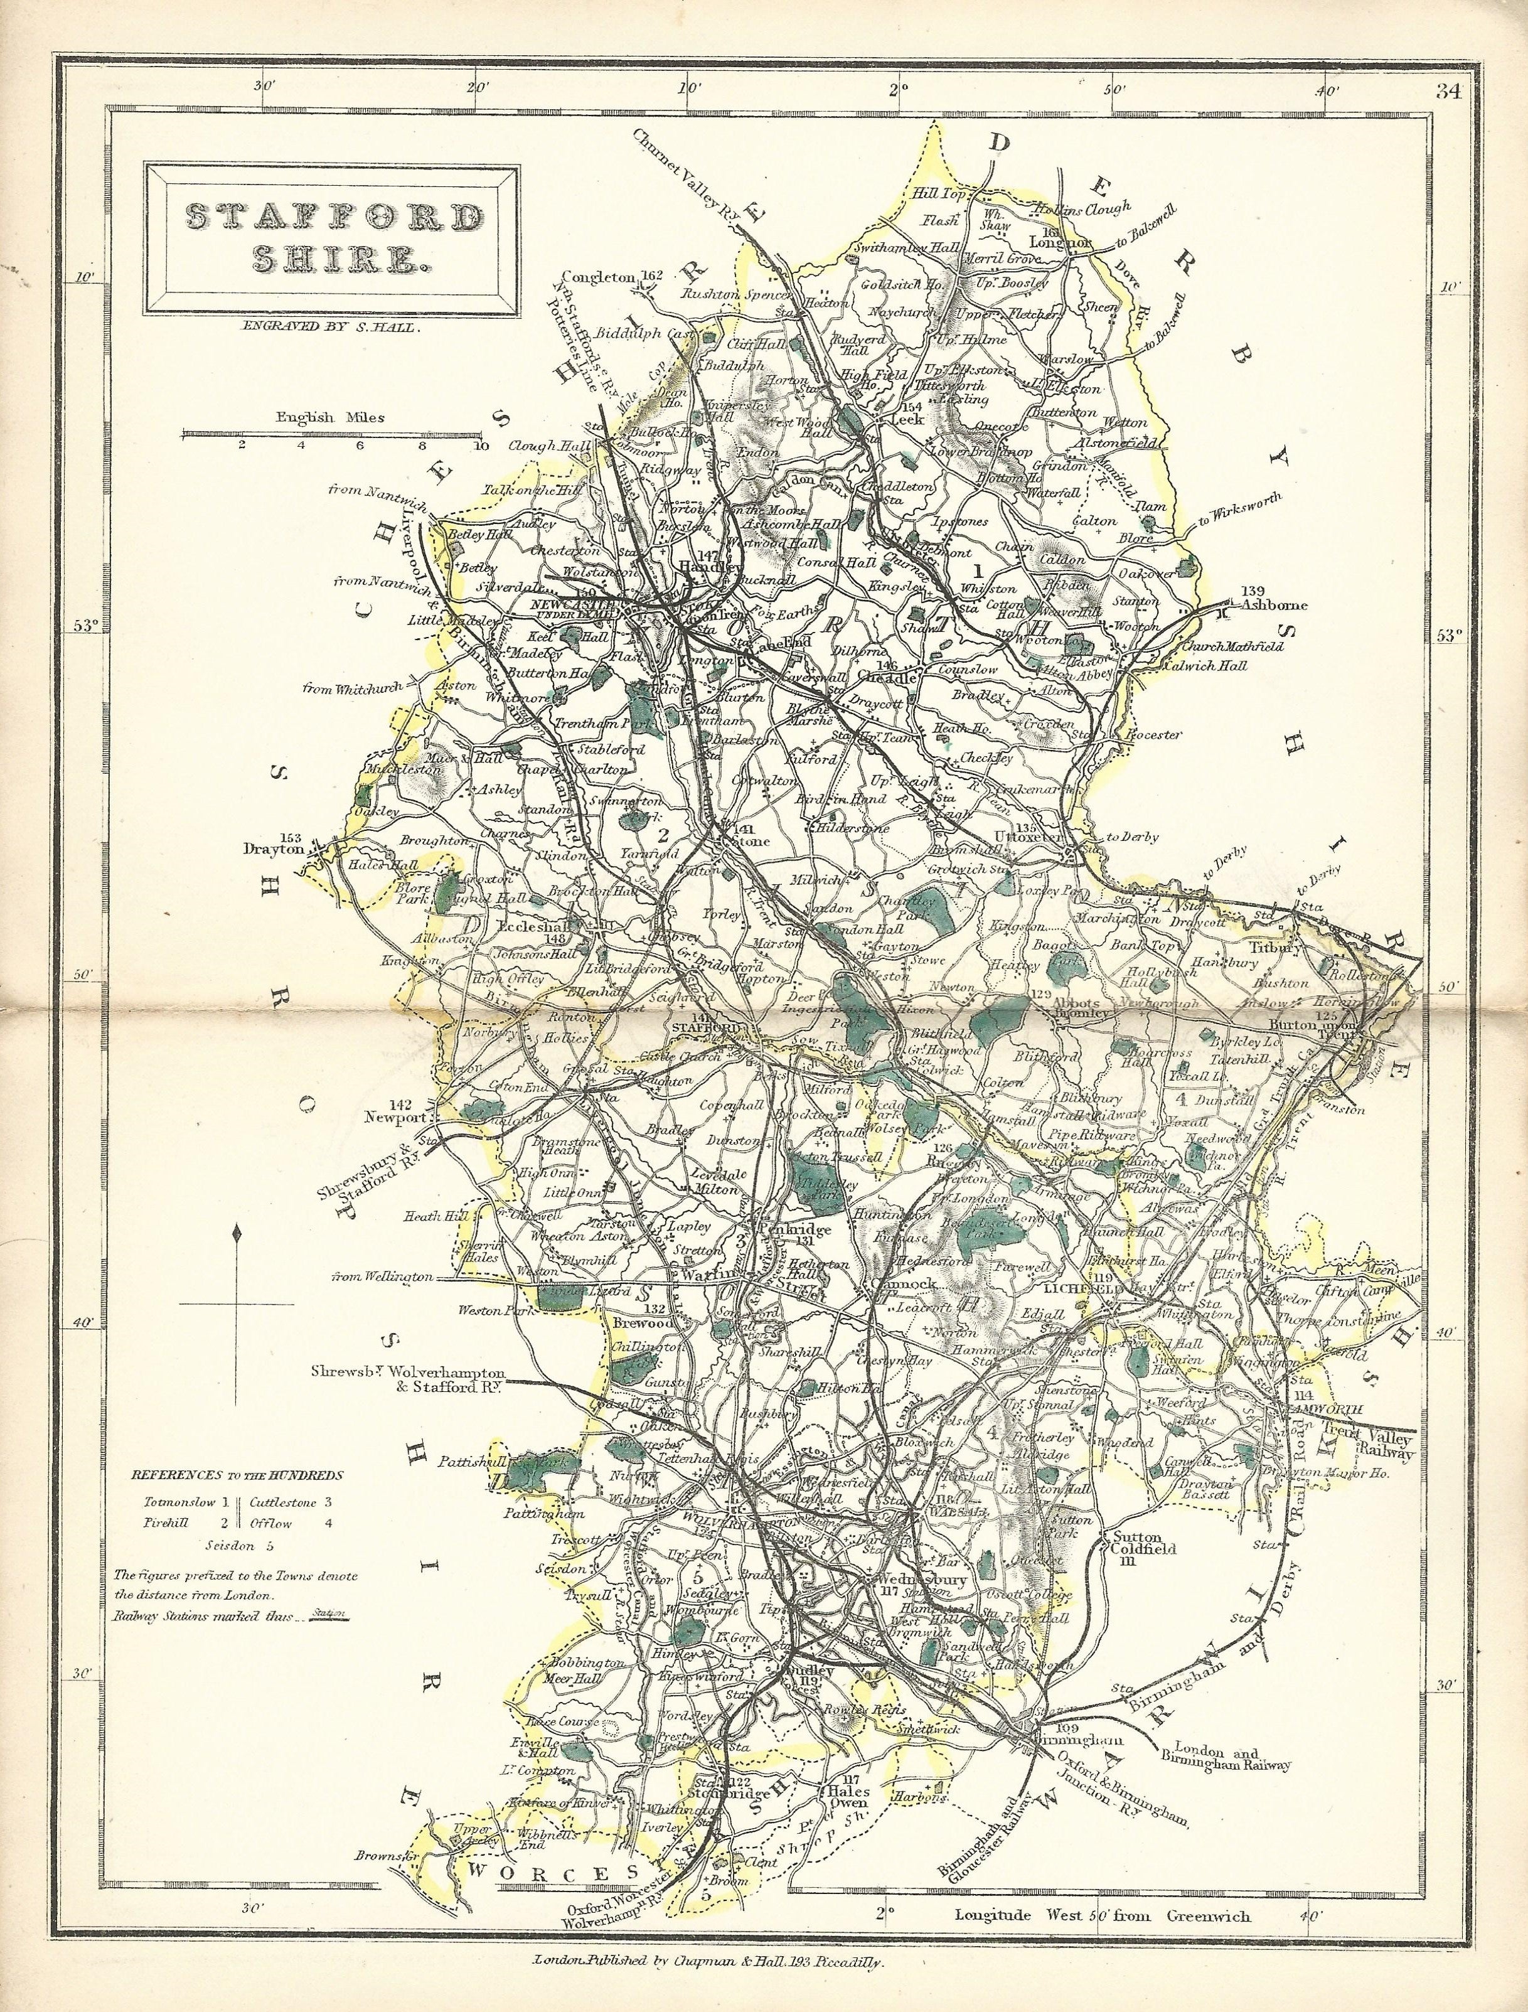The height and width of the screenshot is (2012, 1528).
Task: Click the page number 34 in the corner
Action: point(1448,91)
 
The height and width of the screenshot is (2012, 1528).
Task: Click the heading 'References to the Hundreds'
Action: point(237,1475)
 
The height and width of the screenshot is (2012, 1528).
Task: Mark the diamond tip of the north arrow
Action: point(237,1234)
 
